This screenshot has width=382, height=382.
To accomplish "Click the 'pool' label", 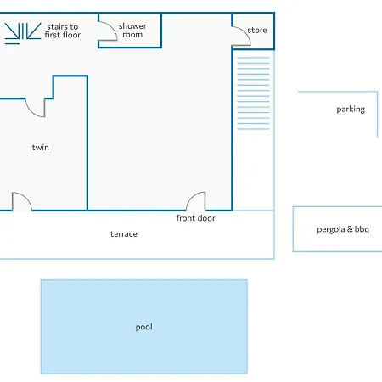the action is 143,327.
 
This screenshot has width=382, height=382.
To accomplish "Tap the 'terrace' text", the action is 124,234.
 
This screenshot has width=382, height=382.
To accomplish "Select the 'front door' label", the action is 195,218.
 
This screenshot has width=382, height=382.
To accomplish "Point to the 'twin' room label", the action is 40,147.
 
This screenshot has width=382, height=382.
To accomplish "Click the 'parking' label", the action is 351,110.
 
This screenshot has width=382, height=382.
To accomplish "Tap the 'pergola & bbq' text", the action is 343,229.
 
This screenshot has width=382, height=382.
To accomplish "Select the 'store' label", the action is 257,30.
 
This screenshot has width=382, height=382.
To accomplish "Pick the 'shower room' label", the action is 132,30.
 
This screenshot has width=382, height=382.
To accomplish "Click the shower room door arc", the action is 111,27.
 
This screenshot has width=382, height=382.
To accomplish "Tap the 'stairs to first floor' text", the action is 63,31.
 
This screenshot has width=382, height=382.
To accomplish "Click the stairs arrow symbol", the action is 23,33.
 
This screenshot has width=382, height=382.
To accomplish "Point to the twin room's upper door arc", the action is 31,111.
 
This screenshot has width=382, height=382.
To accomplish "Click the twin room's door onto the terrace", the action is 26,197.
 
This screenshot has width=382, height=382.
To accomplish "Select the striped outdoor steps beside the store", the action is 253,93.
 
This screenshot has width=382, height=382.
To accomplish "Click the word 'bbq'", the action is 362,229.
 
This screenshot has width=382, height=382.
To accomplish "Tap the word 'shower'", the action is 132,26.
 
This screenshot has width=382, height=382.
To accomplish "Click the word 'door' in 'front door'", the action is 206,218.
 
